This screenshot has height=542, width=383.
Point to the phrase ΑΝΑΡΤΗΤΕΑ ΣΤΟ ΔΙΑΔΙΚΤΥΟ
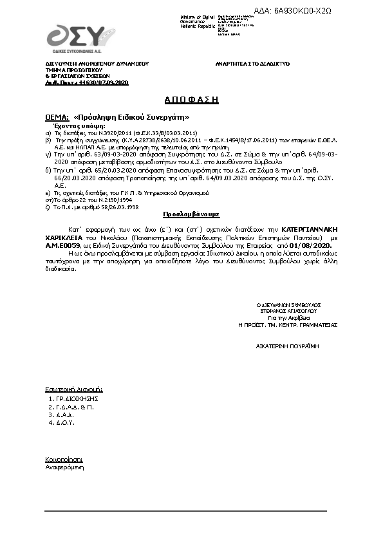point(253,64)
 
